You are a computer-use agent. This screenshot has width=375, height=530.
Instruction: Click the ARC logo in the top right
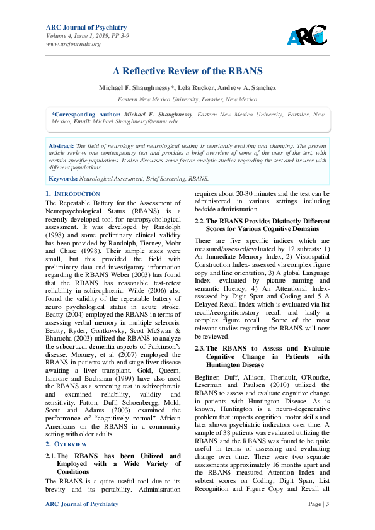306,36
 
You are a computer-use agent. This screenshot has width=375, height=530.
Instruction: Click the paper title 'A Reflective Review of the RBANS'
187,71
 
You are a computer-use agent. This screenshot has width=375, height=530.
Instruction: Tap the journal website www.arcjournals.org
73,44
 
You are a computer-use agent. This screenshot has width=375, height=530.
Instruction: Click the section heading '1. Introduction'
73,194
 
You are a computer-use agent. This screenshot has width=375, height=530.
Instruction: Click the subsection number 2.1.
50,439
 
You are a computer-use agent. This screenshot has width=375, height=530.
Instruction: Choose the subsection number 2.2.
200,222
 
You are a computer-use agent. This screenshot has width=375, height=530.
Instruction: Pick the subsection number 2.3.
200,349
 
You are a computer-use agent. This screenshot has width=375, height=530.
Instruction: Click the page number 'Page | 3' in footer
318,504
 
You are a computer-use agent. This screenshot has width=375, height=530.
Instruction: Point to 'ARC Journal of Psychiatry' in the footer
82,504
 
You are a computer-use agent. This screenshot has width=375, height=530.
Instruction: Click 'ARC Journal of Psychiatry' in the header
86,27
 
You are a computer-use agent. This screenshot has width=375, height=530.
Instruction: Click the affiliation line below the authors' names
187,99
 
